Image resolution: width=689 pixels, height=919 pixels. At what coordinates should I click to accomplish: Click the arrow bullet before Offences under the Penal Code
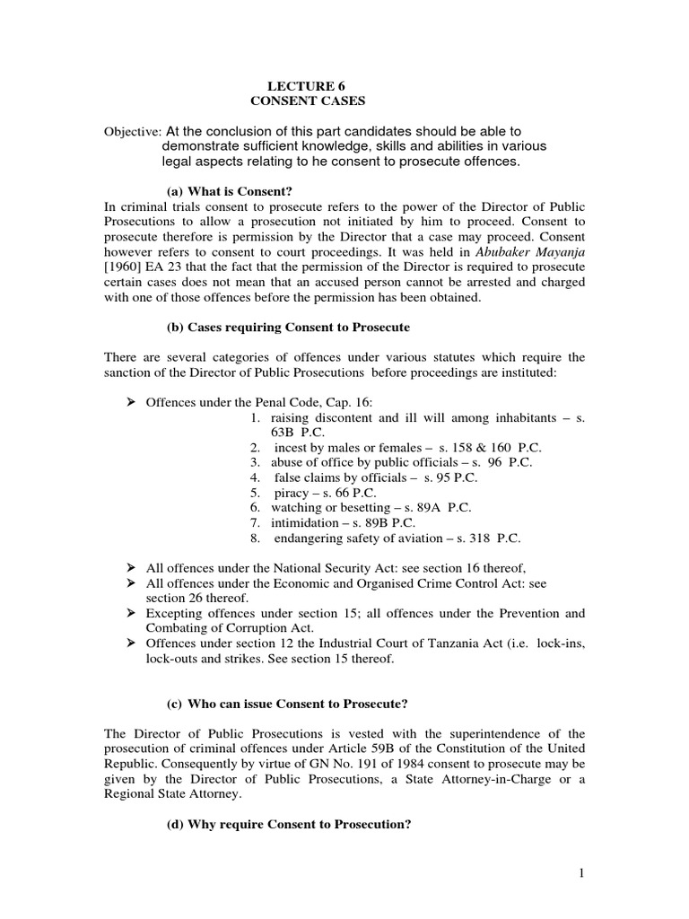click(x=129, y=398)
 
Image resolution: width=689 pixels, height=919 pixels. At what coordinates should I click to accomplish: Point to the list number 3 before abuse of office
click(x=256, y=462)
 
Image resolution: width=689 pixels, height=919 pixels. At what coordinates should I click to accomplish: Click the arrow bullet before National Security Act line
click(x=129, y=568)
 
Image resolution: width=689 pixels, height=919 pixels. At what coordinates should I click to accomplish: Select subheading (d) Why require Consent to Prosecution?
click(x=289, y=822)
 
